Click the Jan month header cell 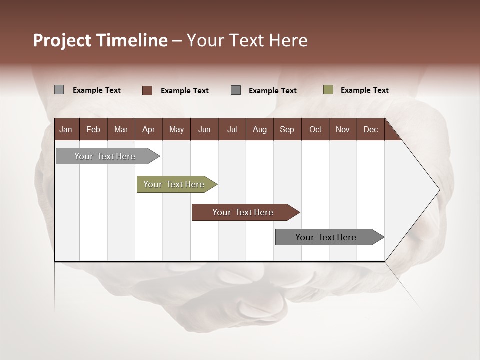pos(66,130)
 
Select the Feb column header pos(93,130)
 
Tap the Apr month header pos(148,130)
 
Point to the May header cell pos(176,130)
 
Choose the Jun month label pos(204,130)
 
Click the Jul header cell pos(232,130)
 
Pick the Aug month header pos(259,130)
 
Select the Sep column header pos(287,130)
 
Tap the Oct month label pos(315,130)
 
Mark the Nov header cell pos(343,130)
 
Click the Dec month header pos(370,130)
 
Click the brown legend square pos(147,90)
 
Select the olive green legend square pos(328,90)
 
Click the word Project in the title pos(62,41)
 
